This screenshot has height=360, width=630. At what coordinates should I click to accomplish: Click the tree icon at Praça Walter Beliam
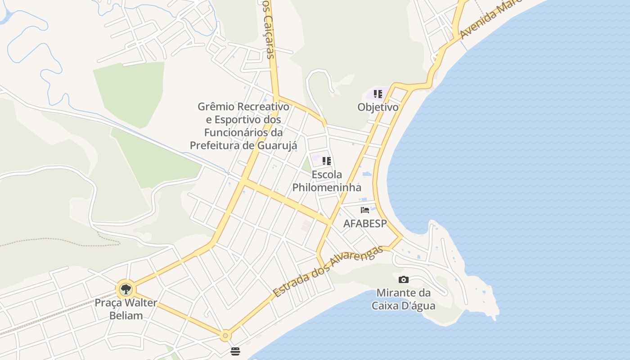click(126, 289)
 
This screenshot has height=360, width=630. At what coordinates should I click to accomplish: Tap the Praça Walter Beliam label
click(126, 309)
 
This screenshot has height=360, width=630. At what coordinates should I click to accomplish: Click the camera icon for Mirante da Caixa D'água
click(404, 279)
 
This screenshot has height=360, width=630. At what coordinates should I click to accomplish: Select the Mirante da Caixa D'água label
click(403, 299)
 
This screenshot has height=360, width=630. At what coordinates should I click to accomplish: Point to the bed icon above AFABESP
click(365, 210)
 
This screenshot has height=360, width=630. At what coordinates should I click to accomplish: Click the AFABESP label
click(365, 224)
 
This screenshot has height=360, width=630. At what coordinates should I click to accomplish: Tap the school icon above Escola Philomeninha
click(327, 161)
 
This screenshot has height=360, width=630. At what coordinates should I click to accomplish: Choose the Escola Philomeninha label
click(327, 181)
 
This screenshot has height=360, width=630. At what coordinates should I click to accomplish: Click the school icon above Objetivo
click(378, 94)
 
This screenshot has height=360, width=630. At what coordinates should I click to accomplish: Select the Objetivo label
click(378, 107)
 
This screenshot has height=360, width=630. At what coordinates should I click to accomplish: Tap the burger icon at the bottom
click(235, 351)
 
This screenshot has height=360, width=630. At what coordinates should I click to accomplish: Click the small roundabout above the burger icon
click(225, 335)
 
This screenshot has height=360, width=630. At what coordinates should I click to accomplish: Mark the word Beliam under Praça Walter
click(126, 315)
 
